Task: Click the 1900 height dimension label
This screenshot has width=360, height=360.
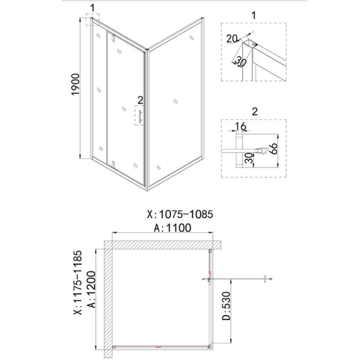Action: pos(76,84)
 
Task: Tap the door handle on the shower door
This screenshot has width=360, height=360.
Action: pos(140,116)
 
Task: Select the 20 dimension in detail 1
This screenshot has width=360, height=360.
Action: pos(231,39)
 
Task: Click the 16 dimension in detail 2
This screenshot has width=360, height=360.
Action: pos(240,126)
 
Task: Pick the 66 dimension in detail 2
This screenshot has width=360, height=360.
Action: pos(274,149)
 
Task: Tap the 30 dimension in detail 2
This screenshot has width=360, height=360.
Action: pos(249,158)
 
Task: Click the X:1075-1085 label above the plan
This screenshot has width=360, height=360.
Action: pos(180,215)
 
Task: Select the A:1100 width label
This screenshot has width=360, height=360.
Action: pos(173,228)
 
